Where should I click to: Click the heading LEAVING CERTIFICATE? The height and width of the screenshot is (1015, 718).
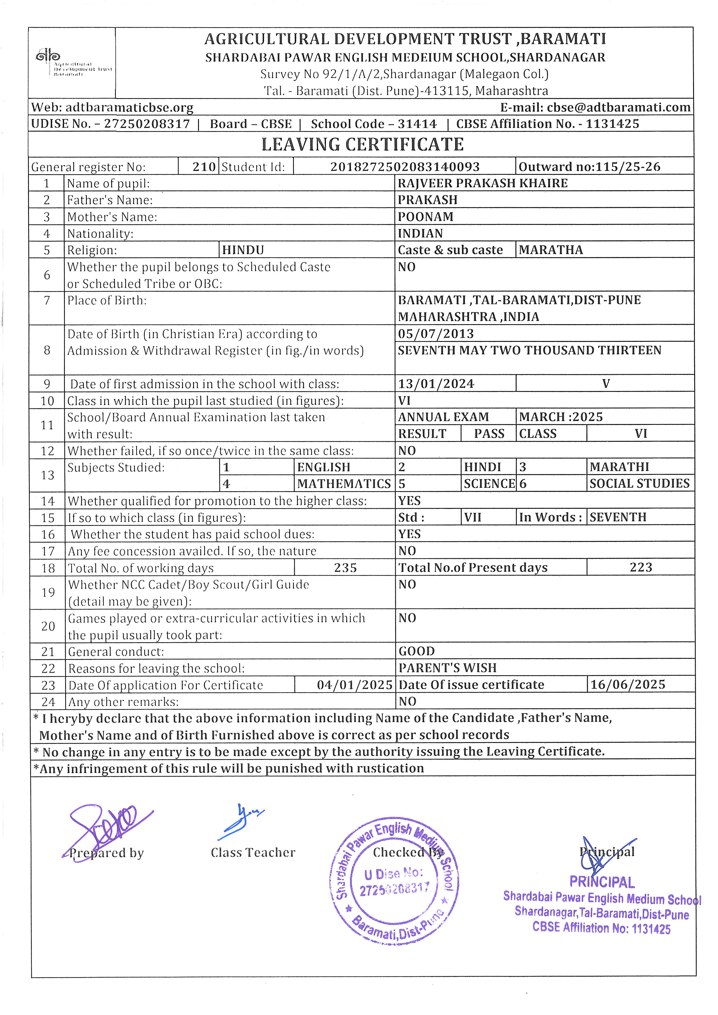pos(362,144)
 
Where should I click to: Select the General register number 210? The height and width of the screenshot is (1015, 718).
pos(204,167)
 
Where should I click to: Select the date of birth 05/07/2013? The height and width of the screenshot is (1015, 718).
pos(435,334)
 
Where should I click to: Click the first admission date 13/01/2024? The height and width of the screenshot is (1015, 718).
pos(436,384)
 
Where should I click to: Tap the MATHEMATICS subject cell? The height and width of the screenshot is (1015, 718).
pos(344,484)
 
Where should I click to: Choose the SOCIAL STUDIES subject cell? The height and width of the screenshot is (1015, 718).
pos(639,484)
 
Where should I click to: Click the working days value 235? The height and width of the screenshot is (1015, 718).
pos(345,568)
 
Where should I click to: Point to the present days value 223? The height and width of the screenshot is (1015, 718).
pos(641,568)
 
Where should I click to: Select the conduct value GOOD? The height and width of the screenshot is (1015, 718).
pos(417,651)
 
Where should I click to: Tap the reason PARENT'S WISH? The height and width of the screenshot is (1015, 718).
pos(447,668)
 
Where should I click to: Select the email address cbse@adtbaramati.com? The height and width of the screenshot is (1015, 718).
pos(618,107)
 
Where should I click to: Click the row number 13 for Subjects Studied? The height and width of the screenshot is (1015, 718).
pos(47,475)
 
